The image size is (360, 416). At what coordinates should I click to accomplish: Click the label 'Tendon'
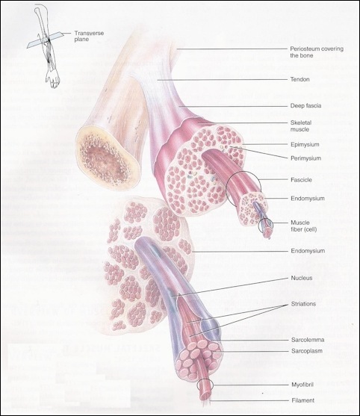tap(300, 79)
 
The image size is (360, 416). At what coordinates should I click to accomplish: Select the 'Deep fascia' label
tap(305, 105)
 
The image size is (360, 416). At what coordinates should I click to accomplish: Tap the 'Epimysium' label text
tap(305, 145)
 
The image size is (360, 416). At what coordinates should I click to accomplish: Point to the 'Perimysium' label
tap(306, 158)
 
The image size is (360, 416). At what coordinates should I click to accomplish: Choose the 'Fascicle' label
tap(301, 179)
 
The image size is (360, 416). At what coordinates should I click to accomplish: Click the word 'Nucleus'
tap(302, 278)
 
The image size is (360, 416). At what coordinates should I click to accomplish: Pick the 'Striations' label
tap(303, 304)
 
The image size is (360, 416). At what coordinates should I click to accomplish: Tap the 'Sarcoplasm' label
tap(307, 351)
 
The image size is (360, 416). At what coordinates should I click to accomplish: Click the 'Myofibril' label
tap(302, 385)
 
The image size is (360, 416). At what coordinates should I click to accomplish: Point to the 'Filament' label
tap(303, 400)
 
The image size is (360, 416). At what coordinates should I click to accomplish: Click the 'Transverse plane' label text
tap(89, 36)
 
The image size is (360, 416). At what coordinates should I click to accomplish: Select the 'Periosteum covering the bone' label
tap(317, 52)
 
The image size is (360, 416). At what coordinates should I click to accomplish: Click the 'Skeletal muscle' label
tap(301, 125)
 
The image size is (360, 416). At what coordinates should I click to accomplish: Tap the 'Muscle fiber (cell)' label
tap(304, 226)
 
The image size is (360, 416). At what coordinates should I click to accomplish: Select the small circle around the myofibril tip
tap(205, 385)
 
